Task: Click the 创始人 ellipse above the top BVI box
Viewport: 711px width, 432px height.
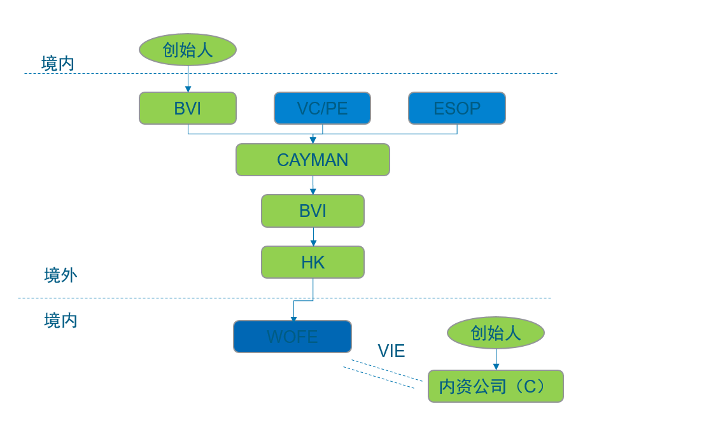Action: [188, 50]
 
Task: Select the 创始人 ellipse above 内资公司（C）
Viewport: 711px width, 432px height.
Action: [496, 333]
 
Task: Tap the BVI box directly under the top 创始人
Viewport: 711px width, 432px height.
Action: [188, 108]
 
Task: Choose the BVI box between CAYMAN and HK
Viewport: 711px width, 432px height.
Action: [313, 211]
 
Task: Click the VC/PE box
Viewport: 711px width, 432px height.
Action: [322, 108]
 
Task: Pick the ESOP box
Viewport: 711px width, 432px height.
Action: [457, 108]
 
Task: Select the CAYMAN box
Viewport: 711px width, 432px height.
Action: [313, 160]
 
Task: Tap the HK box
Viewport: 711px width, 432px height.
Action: [313, 262]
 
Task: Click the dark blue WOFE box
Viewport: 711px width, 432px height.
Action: [292, 337]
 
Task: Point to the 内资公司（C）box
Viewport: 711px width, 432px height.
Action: [496, 386]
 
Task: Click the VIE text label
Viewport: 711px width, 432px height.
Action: [391, 351]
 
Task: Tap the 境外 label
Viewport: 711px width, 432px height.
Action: [60, 275]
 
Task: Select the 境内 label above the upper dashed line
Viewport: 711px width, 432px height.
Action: [58, 64]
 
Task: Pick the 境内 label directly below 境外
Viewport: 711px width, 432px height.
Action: [60, 321]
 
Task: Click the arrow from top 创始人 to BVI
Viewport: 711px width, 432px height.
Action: [188, 79]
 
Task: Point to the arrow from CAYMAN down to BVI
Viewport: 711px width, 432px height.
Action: [313, 185]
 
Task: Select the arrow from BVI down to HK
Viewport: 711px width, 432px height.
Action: [313, 237]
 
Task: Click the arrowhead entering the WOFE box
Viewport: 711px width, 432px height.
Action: [293, 319]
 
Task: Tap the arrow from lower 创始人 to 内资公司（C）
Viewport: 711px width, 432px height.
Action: [496, 359]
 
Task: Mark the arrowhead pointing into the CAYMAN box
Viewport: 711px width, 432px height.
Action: [313, 140]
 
